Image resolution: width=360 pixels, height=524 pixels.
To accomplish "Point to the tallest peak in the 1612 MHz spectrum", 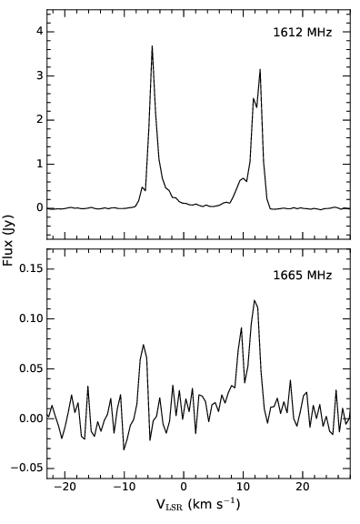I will pyautogui.click(x=152, y=45).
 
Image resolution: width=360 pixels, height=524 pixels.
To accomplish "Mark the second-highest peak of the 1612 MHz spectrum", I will pyautogui.click(x=260, y=69).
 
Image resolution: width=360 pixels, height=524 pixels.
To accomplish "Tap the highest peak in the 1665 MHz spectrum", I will pyautogui.click(x=255, y=300).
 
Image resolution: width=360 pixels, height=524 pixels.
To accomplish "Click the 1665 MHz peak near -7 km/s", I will pyautogui.click(x=144, y=345).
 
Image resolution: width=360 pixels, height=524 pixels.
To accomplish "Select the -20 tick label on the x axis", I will pyautogui.click(x=65, y=488).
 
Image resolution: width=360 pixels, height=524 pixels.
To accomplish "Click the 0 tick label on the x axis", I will pyautogui.click(x=184, y=488).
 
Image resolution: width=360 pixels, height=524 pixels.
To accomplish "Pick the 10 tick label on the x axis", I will pyautogui.click(x=243, y=488).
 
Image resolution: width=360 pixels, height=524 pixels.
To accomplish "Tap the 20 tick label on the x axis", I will pyautogui.click(x=302, y=488).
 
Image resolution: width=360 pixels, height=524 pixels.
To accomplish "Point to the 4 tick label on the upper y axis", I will pyautogui.click(x=38, y=31).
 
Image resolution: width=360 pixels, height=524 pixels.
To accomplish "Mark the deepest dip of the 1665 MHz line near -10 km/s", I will pyautogui.click(x=124, y=449).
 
